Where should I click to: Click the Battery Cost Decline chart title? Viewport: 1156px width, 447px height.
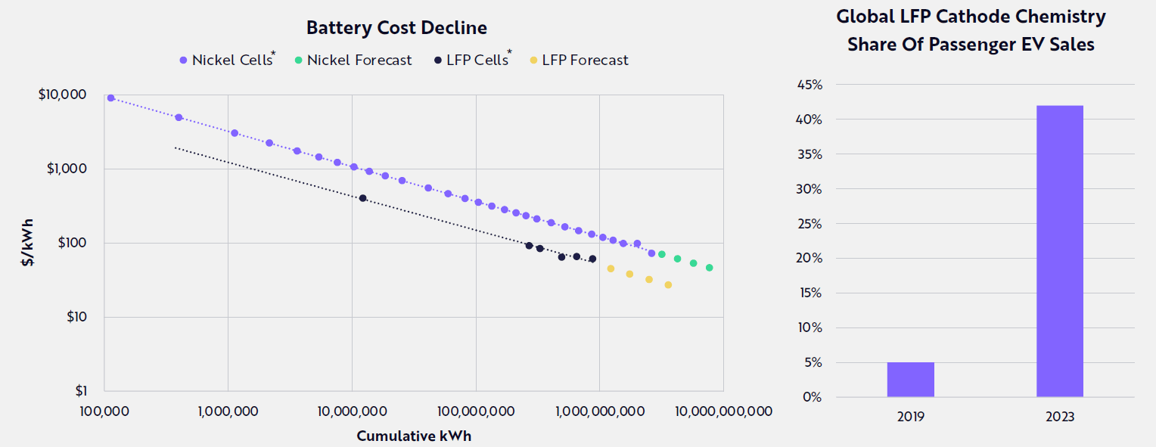click(x=396, y=28)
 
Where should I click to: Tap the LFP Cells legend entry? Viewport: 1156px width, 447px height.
click(x=474, y=60)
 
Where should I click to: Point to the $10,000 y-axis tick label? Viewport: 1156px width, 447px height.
click(x=62, y=95)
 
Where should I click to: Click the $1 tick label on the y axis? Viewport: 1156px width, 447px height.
click(x=80, y=391)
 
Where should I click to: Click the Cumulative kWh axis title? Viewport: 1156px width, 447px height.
click(x=414, y=436)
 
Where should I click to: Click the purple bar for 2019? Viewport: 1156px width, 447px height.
click(x=911, y=380)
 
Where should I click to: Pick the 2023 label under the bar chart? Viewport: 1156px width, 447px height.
click(x=1060, y=417)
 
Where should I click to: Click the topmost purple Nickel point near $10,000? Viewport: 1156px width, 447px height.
click(x=110, y=98)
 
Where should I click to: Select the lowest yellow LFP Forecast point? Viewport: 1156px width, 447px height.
click(x=668, y=285)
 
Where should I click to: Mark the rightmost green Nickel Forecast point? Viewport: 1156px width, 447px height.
click(x=709, y=268)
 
